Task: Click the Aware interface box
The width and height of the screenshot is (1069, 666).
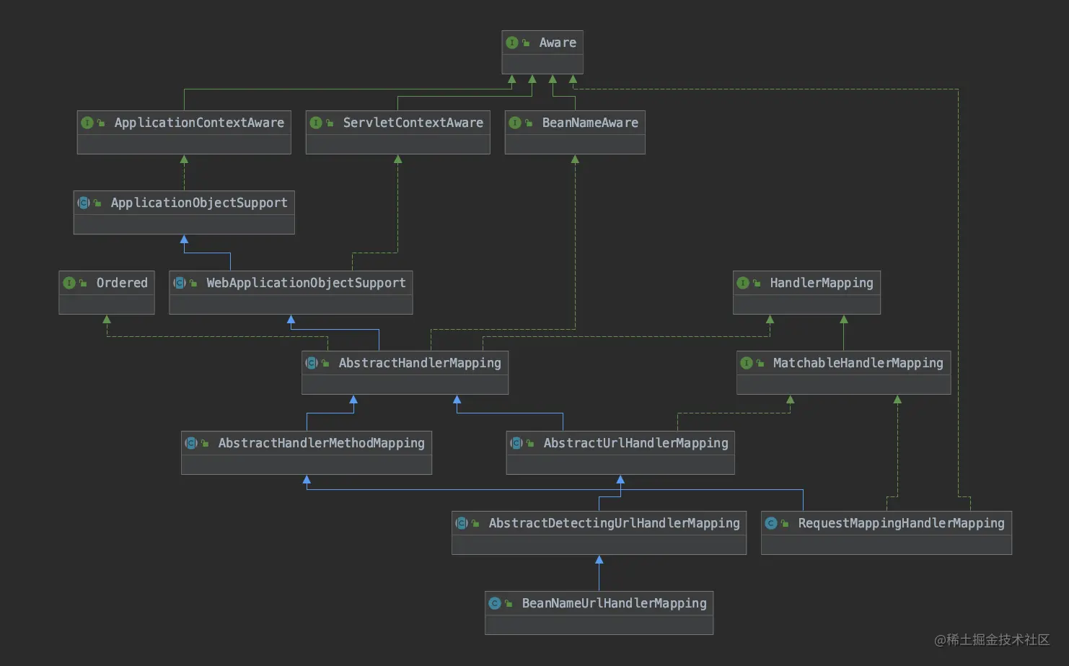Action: tap(542, 52)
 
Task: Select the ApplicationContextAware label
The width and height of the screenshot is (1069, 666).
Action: tap(199, 123)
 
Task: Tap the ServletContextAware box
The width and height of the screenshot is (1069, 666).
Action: tap(397, 132)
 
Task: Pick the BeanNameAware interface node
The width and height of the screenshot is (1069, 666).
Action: tap(575, 132)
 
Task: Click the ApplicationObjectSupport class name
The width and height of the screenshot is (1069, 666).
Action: tap(199, 203)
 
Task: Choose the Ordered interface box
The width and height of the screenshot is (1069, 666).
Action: tap(107, 292)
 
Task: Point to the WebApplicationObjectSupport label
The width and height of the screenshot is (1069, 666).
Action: tap(306, 283)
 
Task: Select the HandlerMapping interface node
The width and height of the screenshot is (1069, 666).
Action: tap(806, 292)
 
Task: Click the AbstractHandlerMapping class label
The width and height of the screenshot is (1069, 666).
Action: tap(420, 363)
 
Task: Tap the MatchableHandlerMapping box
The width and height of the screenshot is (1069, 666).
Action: tap(843, 372)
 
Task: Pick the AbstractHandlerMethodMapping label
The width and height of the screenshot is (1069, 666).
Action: tap(321, 443)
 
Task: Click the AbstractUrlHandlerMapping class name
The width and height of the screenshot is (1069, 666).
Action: tap(635, 443)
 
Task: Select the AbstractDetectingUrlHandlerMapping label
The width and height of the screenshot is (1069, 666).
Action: tap(614, 523)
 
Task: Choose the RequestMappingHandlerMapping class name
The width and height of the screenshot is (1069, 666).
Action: tap(901, 523)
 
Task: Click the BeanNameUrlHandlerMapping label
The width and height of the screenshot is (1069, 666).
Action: tap(614, 603)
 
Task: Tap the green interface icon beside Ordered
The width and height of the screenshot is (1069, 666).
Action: tap(69, 283)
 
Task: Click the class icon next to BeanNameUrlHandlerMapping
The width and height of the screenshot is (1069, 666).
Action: tap(495, 603)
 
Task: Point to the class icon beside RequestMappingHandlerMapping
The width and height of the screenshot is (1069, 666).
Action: tap(771, 523)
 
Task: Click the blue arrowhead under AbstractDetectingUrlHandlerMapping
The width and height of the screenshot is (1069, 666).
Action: tap(599, 560)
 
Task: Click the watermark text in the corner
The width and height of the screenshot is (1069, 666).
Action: tap(992, 639)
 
